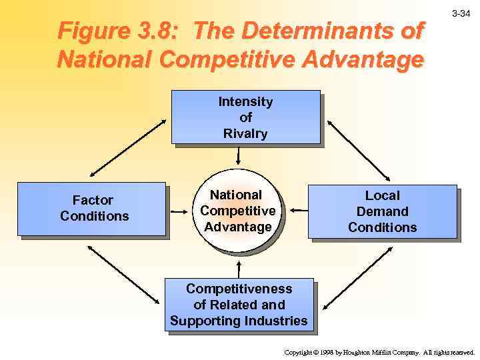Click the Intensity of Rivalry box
pyautogui.click(x=245, y=117)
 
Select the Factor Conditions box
pyautogui.click(x=91, y=209)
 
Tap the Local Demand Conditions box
pyautogui.click(x=382, y=211)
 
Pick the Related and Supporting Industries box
pyautogui.click(x=239, y=305)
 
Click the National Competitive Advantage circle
pyautogui.click(x=238, y=211)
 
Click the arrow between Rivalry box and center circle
pyautogui.click(x=238, y=155)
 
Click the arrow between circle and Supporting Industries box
pyautogui.click(x=238, y=265)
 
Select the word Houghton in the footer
pyautogui.click(x=360, y=352)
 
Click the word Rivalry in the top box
pyautogui.click(x=245, y=133)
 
